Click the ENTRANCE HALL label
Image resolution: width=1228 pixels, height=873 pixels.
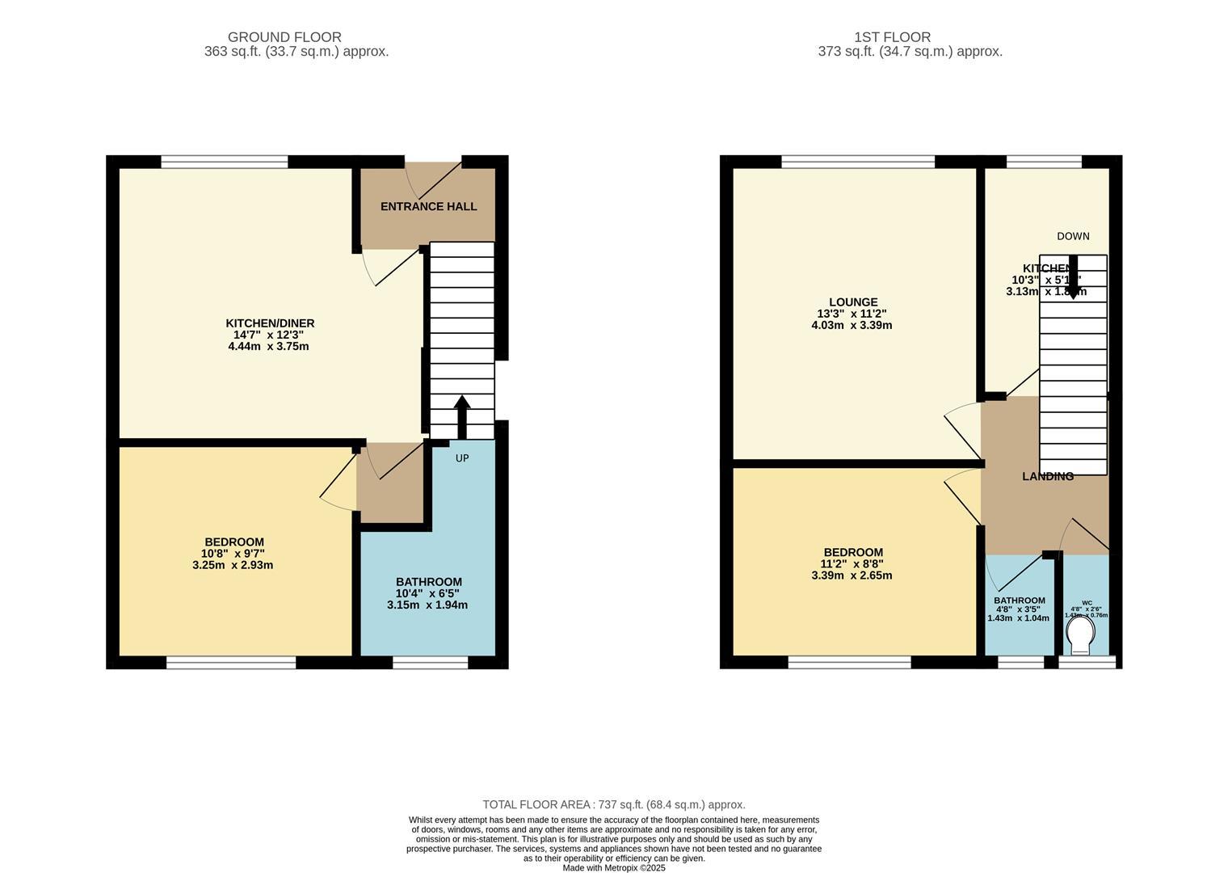tap(428, 206)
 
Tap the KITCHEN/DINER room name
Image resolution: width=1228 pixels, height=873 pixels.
tap(270, 323)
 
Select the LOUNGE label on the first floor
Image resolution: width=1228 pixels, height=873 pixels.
tap(852, 302)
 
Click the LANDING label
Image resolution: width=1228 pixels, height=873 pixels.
tap(1047, 476)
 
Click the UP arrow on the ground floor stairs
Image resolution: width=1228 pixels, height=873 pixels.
tap(462, 415)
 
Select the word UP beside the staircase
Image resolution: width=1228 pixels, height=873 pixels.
tap(462, 458)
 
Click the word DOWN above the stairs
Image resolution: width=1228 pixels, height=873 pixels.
tap(1073, 236)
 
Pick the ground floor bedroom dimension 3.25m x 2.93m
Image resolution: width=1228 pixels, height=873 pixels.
tap(233, 565)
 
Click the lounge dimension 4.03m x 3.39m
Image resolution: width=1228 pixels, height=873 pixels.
tap(852, 325)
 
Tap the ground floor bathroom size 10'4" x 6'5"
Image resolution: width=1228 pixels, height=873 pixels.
tap(428, 593)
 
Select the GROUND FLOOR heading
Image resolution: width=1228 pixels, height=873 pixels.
tap(284, 37)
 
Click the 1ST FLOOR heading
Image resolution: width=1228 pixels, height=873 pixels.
tap(892, 37)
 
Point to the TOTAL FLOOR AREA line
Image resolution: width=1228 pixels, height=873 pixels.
tap(613, 804)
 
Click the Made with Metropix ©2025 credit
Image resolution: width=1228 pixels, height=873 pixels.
tap(613, 867)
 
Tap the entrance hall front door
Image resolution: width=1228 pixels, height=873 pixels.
tap(433, 179)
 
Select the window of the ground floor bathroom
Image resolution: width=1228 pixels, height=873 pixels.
tap(430, 663)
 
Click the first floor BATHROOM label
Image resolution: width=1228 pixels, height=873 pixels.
tap(1019, 601)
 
